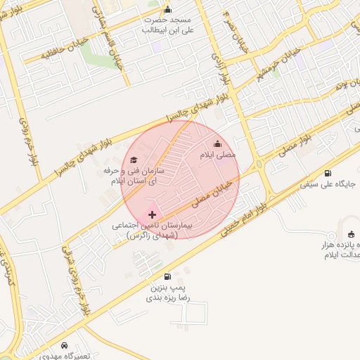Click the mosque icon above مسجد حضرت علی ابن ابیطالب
167,9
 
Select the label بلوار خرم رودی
30,141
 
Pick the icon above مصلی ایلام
217,144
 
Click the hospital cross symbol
153,214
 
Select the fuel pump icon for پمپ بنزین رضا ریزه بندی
167,277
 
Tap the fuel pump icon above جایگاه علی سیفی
328,173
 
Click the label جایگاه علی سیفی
328,184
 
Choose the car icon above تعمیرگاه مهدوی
65,346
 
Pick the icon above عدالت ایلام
350,234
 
